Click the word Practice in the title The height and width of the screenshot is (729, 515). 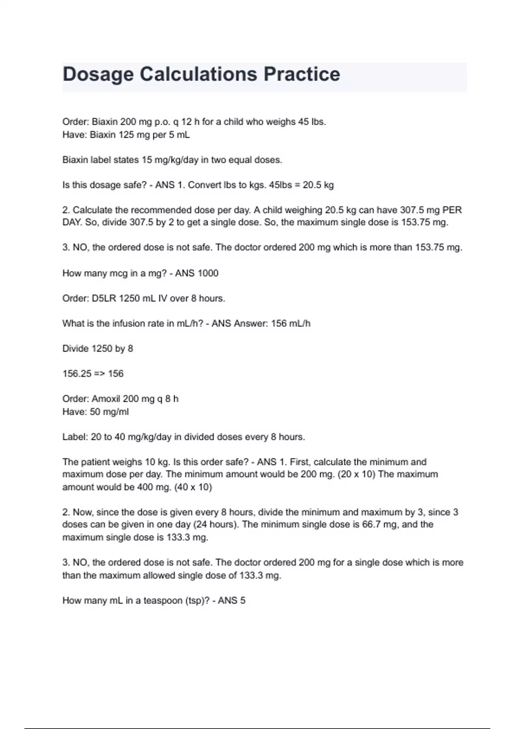(301, 74)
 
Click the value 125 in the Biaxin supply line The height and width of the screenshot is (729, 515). (126, 135)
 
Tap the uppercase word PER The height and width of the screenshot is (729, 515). (452, 210)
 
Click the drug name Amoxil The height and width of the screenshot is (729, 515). (106, 399)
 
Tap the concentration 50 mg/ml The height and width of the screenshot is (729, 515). (109, 412)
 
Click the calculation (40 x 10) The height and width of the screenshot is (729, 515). (193, 487)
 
